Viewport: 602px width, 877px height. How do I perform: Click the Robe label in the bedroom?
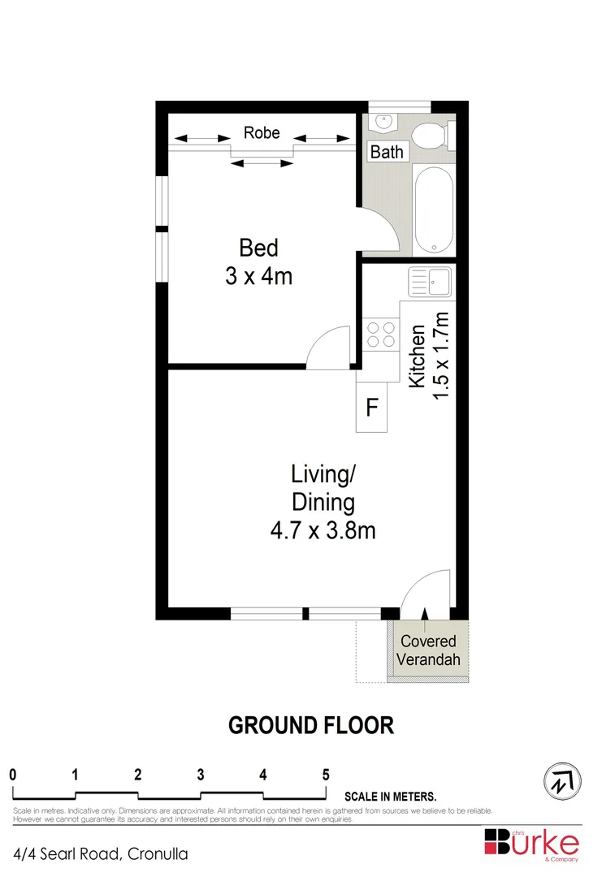pos(262,132)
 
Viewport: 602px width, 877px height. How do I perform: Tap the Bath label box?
pos(386,152)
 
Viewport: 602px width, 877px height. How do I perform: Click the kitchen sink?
pos(430,282)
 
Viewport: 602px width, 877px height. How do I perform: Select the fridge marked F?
pos(371,408)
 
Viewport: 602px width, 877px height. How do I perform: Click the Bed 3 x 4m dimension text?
pos(258,261)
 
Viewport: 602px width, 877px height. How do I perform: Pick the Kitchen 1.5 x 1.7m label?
pos(429,356)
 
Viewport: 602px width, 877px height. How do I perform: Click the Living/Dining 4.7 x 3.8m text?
pos(323,502)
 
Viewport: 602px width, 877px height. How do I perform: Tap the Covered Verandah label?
pos(427,650)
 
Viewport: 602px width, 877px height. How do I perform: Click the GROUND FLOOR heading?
pos(311,725)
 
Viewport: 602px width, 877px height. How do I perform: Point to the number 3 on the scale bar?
pos(200,774)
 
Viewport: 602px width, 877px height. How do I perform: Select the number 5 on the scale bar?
pos(326,774)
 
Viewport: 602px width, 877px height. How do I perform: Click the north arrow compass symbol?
pos(561,781)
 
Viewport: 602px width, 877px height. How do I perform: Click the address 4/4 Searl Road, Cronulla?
pos(101,854)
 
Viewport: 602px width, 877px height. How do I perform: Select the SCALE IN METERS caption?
pos(391,797)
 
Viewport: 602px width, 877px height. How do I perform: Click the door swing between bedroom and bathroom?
pos(380,231)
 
